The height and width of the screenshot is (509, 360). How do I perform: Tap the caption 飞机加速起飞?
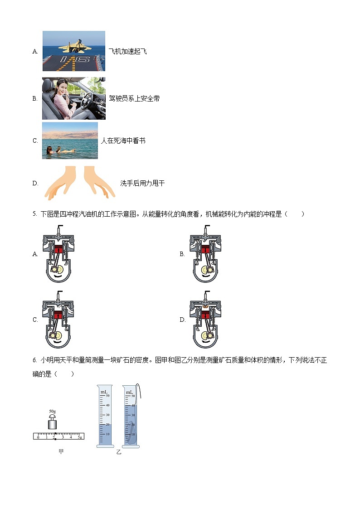pos(127,51)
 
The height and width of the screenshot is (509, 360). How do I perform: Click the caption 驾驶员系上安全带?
pos(134,98)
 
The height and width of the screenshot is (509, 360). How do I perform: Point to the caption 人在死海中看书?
pos(123,141)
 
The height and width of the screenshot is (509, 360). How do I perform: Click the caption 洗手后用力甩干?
pos(142,184)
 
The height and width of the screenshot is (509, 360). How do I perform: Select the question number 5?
pos(34,214)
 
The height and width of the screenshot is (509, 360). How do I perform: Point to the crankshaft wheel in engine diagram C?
pos(56,335)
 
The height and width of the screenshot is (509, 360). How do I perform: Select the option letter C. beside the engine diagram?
pos(35,320)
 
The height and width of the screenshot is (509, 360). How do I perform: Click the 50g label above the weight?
pos(53,412)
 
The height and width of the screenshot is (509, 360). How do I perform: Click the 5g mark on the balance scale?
pos(79,436)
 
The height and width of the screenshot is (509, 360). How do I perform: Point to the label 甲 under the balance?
pos(61,451)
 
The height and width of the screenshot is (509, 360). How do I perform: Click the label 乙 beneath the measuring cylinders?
pos(119,452)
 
